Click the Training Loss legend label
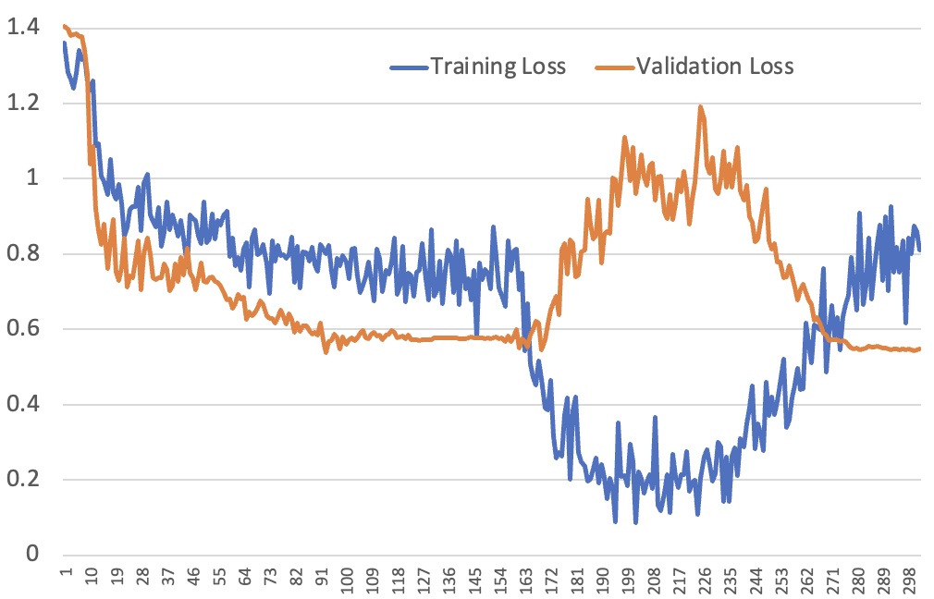(x=498, y=66)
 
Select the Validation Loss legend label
(x=715, y=66)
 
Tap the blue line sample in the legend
(x=408, y=67)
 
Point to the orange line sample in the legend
(x=614, y=67)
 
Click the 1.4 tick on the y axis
(x=22, y=28)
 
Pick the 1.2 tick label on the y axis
(x=22, y=103)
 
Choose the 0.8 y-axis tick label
(x=22, y=253)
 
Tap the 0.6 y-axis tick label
(x=22, y=329)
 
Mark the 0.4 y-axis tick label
(x=22, y=404)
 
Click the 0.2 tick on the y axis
(x=22, y=480)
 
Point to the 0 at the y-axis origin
(x=32, y=555)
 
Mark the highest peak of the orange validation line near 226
(x=700, y=106)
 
